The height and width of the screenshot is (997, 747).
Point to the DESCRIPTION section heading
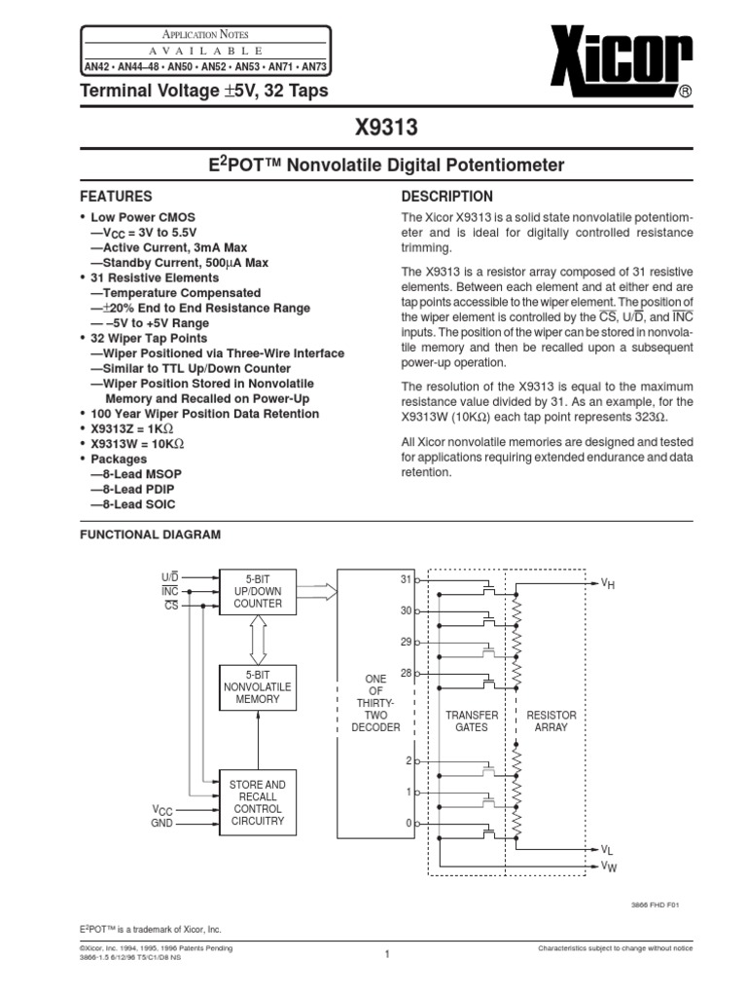pyautogui.click(x=446, y=196)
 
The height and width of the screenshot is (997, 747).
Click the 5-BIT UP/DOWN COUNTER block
pyautogui.click(x=258, y=591)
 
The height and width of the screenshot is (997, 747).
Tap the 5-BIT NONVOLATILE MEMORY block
pyautogui.click(x=258, y=686)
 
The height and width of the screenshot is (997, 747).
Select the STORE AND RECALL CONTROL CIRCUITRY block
pyautogui.click(x=258, y=803)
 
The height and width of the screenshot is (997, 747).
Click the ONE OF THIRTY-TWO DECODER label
pyautogui.click(x=375, y=703)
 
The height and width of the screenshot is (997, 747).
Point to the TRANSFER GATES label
pyautogui.click(x=472, y=721)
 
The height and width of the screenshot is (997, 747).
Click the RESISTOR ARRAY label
pyautogui.click(x=551, y=721)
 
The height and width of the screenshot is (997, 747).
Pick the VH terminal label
pyautogui.click(x=607, y=583)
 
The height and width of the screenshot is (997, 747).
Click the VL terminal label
pyautogui.click(x=607, y=850)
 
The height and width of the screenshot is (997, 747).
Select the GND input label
pyautogui.click(x=161, y=824)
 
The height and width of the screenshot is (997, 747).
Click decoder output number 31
pyautogui.click(x=406, y=579)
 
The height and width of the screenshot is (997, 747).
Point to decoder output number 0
pyautogui.click(x=409, y=824)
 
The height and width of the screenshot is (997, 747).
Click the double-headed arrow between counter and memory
pyautogui.click(x=258, y=639)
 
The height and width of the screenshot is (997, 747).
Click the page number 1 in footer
pyautogui.click(x=386, y=954)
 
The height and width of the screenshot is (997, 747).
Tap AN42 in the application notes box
pyautogui.click(x=98, y=68)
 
